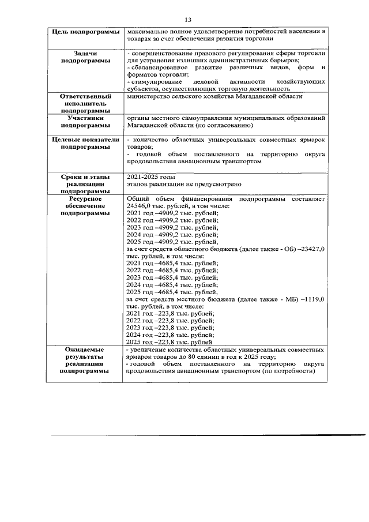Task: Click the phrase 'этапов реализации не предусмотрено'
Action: point(183,184)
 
